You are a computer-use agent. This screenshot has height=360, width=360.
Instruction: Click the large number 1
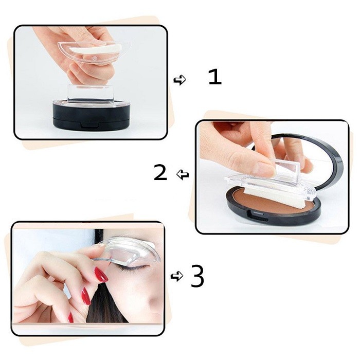pyautogui.click(x=215, y=77)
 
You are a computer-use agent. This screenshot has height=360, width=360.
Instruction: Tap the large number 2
pyautogui.click(x=160, y=172)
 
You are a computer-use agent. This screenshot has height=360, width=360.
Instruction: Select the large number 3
pyautogui.click(x=197, y=276)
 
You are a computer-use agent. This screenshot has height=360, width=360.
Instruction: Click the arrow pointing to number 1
pyautogui.click(x=180, y=80)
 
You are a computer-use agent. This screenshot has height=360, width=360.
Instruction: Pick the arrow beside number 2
pyautogui.click(x=183, y=175)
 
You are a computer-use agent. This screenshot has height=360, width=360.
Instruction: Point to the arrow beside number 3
pyautogui.click(x=177, y=276)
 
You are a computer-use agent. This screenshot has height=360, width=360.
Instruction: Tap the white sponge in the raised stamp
pyautogui.click(x=95, y=49)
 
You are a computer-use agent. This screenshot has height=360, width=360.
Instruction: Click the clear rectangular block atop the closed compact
pyautogui.click(x=89, y=93)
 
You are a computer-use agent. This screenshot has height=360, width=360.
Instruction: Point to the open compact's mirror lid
pyautogui.click(x=305, y=160)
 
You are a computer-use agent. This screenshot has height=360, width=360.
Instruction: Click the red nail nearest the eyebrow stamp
pyautogui.click(x=101, y=275)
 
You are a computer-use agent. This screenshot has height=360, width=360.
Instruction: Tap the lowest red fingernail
pyautogui.click(x=71, y=317)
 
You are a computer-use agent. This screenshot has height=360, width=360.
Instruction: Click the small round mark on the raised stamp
pyautogui.click(x=94, y=59)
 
